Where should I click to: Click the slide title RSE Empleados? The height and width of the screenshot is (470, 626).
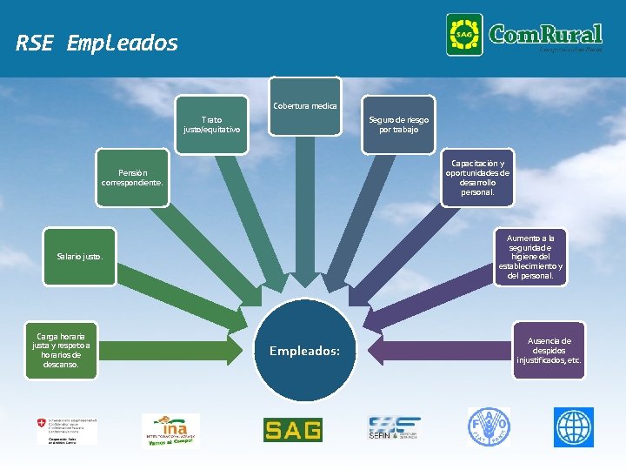tap(97, 43)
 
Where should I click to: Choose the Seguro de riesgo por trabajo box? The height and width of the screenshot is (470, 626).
tap(398, 124)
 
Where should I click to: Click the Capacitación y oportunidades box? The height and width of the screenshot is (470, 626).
tap(477, 178)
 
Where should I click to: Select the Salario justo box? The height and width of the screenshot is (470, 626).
tap(80, 257)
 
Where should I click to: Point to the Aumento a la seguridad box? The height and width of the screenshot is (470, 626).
tap(529, 257)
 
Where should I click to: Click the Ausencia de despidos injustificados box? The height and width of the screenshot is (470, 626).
tap(549, 350)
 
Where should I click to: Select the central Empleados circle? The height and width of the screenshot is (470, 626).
tap(304, 350)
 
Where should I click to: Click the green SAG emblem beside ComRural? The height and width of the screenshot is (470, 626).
tap(464, 35)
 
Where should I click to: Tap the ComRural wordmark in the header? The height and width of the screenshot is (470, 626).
tap(545, 35)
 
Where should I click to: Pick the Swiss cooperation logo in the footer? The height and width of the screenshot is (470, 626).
tap(67, 429)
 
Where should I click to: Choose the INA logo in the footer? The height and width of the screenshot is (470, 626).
tap(170, 429)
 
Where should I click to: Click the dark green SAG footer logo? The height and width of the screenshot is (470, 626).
tap(292, 429)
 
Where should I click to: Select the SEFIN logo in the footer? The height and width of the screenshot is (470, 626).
tap(394, 429)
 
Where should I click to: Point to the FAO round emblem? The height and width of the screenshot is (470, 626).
tap(489, 428)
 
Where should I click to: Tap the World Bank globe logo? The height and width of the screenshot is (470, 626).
tap(573, 428)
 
